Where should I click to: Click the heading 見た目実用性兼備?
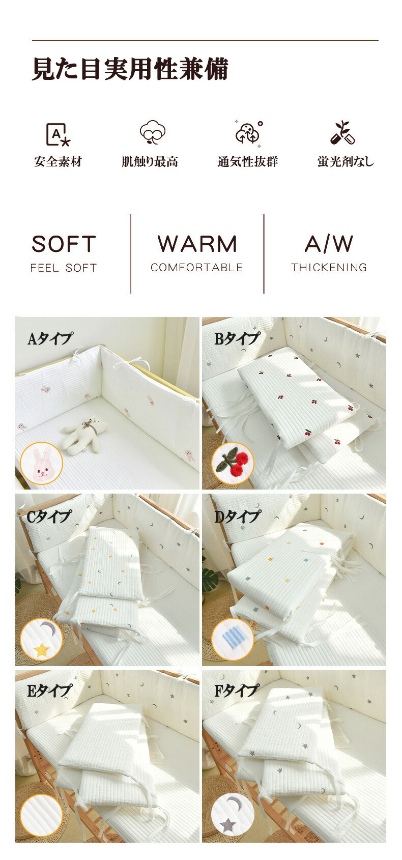click(130, 69)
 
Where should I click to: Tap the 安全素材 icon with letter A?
click(58, 134)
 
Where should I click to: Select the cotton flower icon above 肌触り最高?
click(153, 132)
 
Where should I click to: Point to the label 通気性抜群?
click(248, 162)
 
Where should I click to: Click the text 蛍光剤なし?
click(346, 162)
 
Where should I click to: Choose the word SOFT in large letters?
click(64, 244)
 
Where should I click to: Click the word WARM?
click(197, 244)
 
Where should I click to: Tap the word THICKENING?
click(329, 268)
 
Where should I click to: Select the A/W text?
click(329, 244)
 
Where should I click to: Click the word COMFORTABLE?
click(196, 268)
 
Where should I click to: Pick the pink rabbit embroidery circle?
click(41, 463)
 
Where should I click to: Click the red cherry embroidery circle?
click(232, 463)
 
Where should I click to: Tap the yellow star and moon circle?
click(41, 639)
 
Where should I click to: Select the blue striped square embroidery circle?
click(232, 639)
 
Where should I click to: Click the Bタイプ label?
click(237, 338)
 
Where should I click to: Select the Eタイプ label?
click(49, 691)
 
